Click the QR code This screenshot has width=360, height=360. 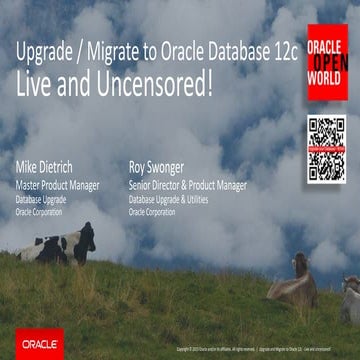point(327,149)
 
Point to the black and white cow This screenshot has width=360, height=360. point(60,244)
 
